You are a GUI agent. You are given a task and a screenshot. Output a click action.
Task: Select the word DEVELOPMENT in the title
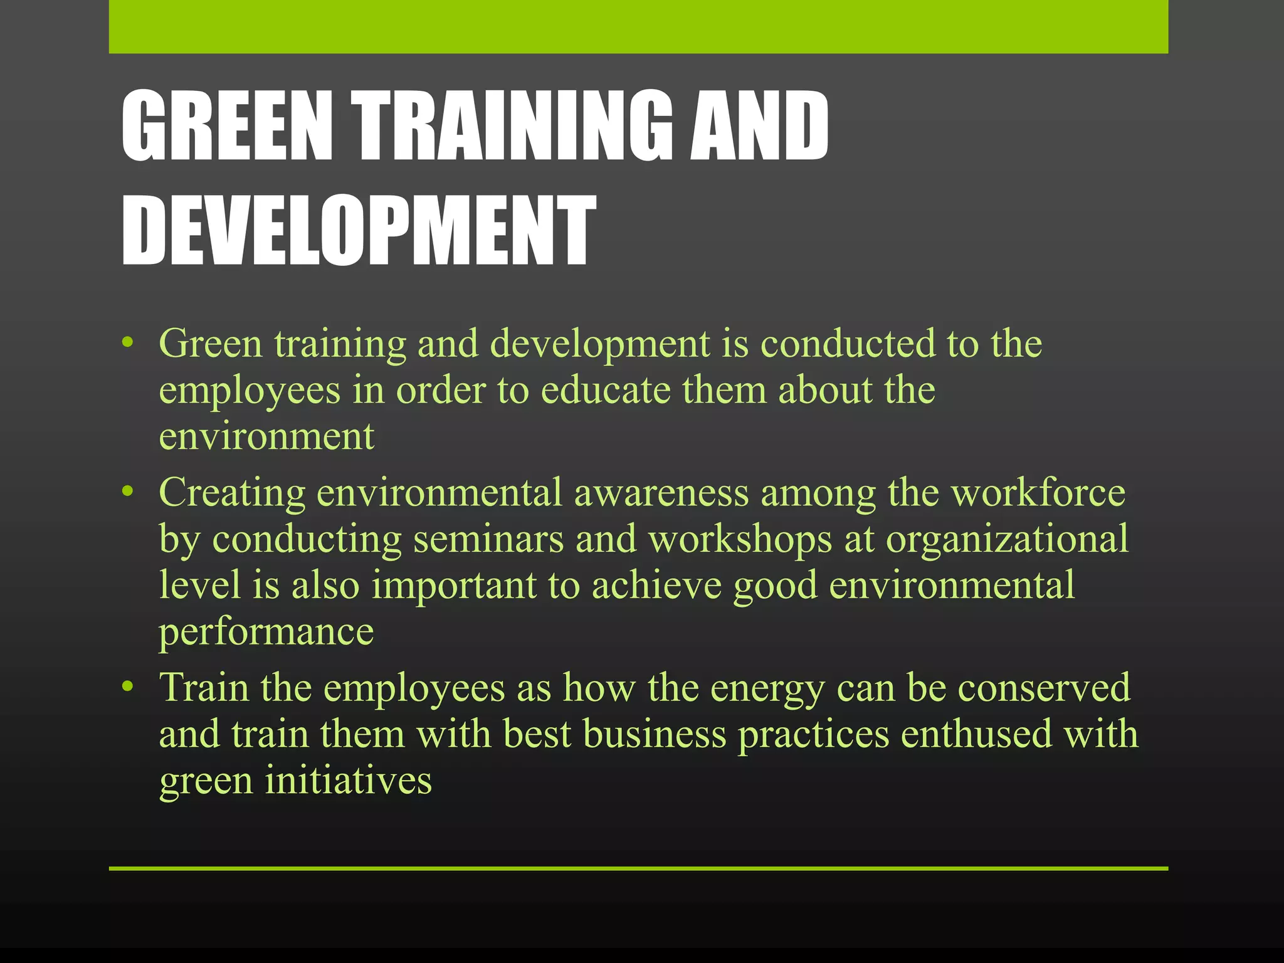point(359,230)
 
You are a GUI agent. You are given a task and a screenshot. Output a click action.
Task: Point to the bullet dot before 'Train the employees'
point(128,687)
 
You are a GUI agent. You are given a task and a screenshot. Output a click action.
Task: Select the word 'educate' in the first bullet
point(606,390)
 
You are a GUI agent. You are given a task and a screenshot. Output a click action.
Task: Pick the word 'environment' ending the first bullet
point(266,436)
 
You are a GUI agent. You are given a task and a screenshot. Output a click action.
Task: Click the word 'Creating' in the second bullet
point(232,492)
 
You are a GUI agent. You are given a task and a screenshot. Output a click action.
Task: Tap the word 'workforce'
point(1038,492)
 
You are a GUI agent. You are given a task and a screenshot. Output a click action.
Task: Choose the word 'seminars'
point(488,539)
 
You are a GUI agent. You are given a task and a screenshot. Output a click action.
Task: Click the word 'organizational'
point(1007,540)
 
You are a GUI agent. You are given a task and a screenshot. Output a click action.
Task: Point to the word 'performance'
point(266,633)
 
